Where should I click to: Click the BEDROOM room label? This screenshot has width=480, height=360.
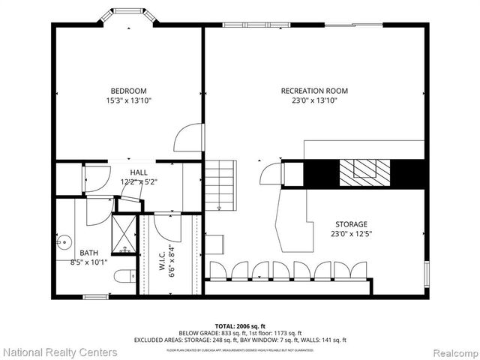(127, 91)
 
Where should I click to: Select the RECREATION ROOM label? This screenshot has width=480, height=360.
(314, 91)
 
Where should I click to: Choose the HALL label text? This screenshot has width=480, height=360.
(139, 172)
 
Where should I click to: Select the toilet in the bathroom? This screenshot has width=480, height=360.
(124, 277)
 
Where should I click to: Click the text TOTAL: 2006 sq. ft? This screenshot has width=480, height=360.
(240, 325)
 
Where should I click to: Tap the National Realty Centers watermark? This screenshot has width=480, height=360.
(60, 352)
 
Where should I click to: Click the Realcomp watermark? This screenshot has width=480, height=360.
(451, 352)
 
